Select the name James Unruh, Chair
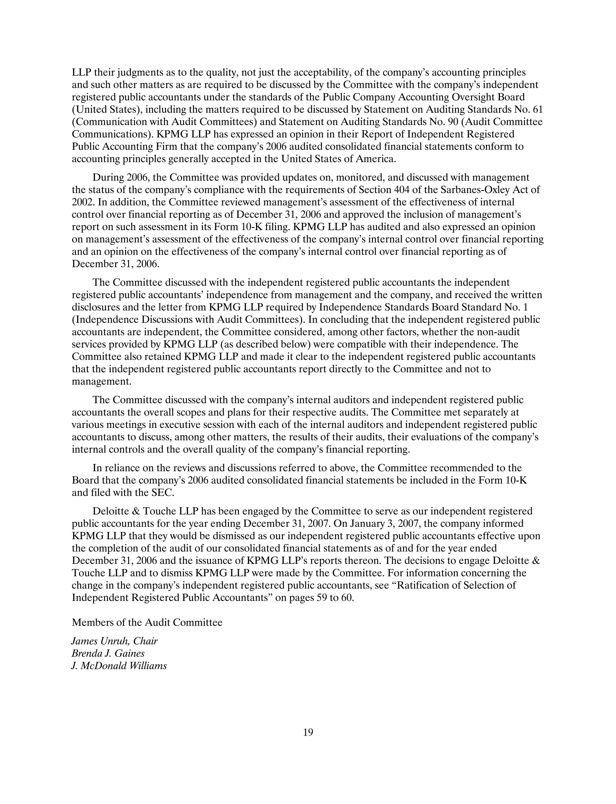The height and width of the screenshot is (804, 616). pos(114,641)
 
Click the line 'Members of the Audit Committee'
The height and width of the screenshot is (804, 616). pos(147,622)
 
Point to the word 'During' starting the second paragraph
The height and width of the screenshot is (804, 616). pos(108,178)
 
